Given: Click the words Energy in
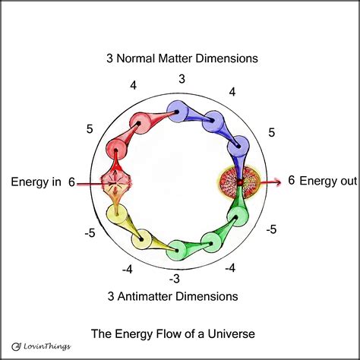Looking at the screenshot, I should pyautogui.click(x=36, y=182).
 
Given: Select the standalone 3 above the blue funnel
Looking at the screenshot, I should pyautogui.click(x=182, y=78).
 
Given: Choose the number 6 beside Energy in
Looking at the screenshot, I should pyautogui.click(x=71, y=182).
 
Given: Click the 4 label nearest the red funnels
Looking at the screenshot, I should pyautogui.click(x=134, y=86).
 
